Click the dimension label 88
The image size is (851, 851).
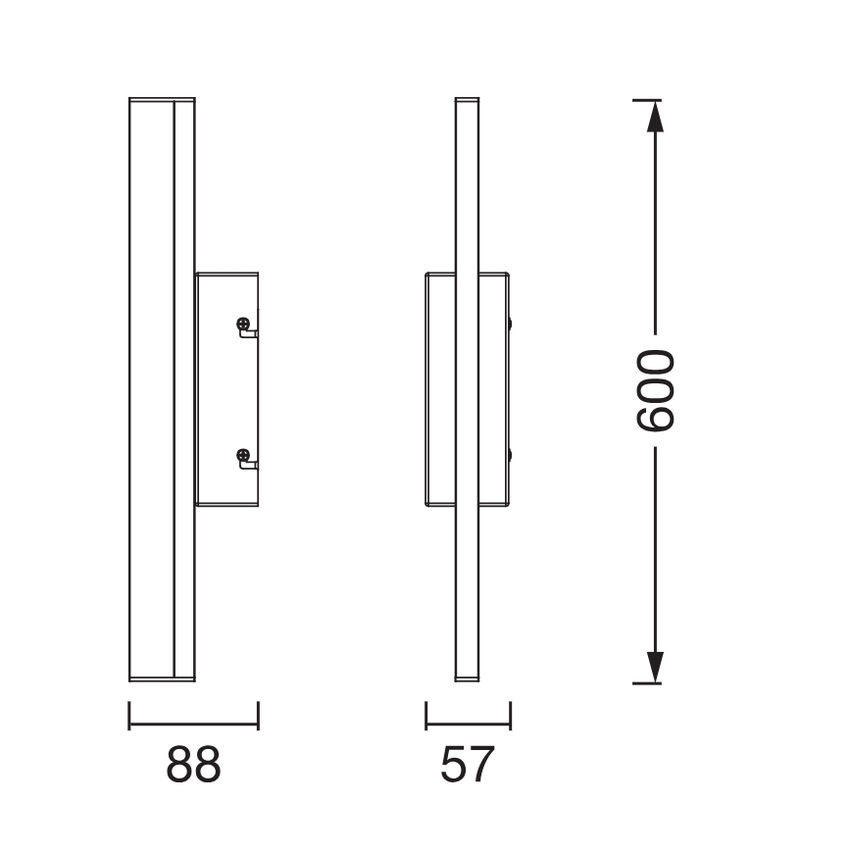pos(193,765)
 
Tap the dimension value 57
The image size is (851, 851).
pos(466,765)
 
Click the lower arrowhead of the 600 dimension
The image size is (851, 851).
pos(656,666)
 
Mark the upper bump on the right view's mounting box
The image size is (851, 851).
pos(511,325)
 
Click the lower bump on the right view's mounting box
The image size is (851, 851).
pos(511,455)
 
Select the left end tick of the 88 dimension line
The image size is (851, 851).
pos(129,715)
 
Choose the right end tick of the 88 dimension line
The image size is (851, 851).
pos(258,715)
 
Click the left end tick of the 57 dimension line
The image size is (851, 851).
pos(425,715)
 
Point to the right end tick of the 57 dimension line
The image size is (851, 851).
pos(511,715)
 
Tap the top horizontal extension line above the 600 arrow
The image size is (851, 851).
pos(646,100)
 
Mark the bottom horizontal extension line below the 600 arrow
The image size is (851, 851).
pos(646,682)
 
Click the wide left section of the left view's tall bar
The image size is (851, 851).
pos(151,392)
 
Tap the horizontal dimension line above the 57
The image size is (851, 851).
pos(468,726)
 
